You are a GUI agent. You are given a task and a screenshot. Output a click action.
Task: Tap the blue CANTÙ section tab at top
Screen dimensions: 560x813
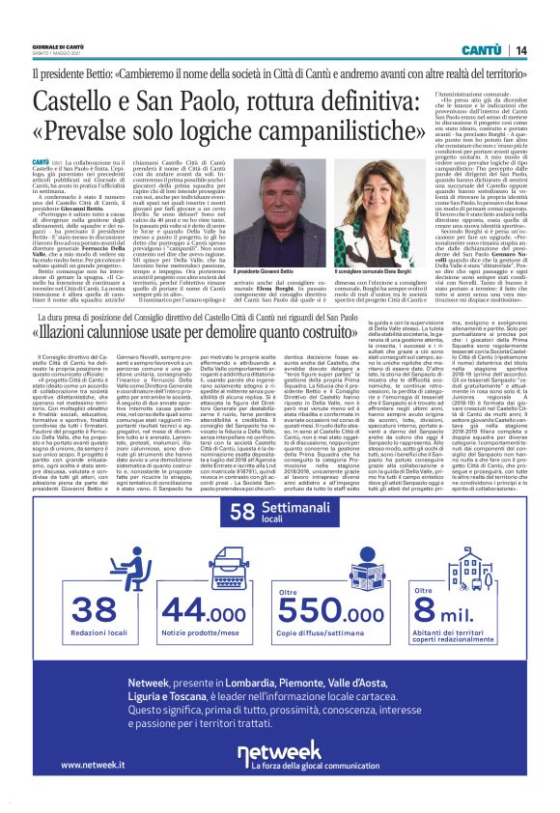[480, 49]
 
